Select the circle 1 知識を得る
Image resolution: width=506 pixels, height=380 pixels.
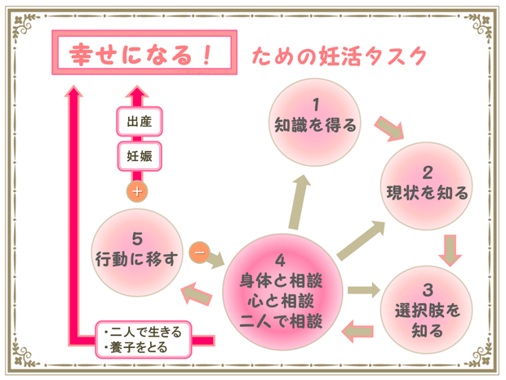pyautogui.click(x=315, y=117)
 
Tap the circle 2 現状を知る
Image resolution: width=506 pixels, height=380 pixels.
pyautogui.click(x=427, y=185)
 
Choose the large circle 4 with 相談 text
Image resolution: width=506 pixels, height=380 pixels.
pyautogui.click(x=282, y=290)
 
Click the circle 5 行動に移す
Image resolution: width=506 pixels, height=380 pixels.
pyautogui.click(x=136, y=250)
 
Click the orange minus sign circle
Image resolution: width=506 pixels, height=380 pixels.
pyautogui.click(x=198, y=252)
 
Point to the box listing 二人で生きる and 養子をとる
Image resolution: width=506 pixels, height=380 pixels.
pyautogui.click(x=144, y=339)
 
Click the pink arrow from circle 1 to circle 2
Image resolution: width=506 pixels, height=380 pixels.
pyautogui.click(x=389, y=127)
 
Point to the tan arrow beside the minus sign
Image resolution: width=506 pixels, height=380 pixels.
pyautogui.click(x=215, y=259)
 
